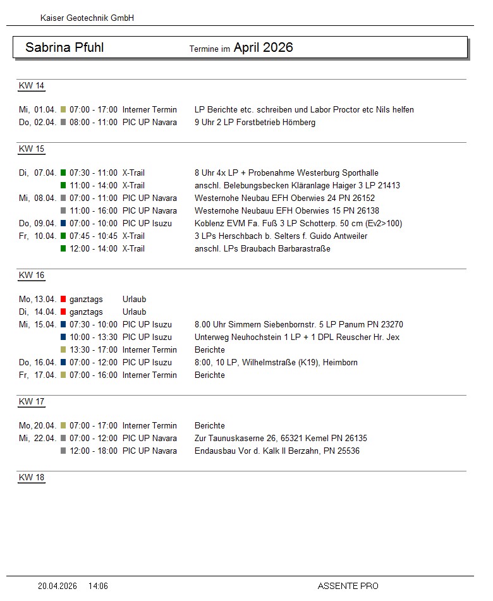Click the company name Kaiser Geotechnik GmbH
[87, 18]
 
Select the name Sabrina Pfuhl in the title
[64, 47]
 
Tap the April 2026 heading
[263, 47]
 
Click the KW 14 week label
[32, 86]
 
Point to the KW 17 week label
[32, 402]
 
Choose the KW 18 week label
[32, 478]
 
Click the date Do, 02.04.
[38, 122]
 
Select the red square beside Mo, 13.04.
[63, 299]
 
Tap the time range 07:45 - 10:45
[94, 236]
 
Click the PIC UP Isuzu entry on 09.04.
[147, 223]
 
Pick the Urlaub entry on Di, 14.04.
[134, 312]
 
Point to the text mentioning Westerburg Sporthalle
[286, 173]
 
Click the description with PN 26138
[287, 210]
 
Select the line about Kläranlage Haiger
[297, 185]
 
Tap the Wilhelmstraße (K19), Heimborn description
[276, 362]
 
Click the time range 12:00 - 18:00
[94, 451]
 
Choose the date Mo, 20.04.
[38, 425]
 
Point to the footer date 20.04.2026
[58, 586]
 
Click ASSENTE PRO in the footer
[348, 586]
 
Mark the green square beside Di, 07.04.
[63, 173]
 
